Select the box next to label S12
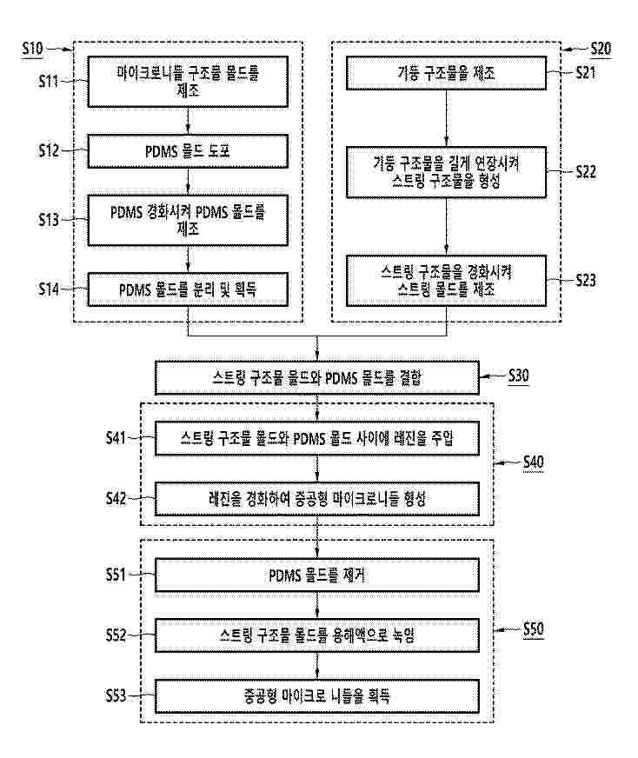pyautogui.click(x=188, y=150)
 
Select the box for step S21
pyautogui.click(x=446, y=74)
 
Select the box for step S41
pyautogui.click(x=317, y=440)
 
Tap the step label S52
pyautogui.click(x=115, y=635)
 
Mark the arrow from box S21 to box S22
pyautogui.click(x=446, y=116)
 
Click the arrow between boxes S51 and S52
pyautogui.click(x=317, y=604)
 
